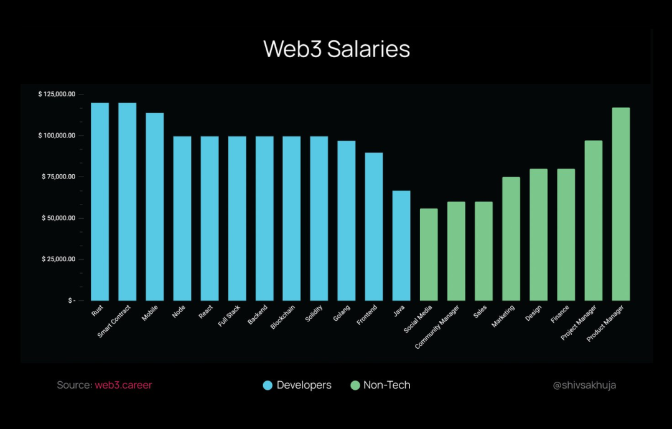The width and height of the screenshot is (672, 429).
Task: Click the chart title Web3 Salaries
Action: [x=337, y=49]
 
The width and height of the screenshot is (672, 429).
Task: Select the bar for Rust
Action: [x=100, y=201]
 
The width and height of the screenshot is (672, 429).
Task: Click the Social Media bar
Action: [x=429, y=254]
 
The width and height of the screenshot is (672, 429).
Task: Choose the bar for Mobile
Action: [x=154, y=206]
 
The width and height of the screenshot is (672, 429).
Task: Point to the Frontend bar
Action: [x=373, y=226]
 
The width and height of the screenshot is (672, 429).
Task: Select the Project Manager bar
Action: [x=594, y=220]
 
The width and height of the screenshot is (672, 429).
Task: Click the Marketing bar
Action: [x=511, y=239]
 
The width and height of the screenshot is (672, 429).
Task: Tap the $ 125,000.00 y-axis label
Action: [x=57, y=94]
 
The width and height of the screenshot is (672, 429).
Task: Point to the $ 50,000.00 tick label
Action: [x=57, y=218]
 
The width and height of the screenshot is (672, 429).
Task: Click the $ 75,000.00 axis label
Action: [x=57, y=177]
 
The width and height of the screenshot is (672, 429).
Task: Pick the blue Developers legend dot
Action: [x=268, y=385]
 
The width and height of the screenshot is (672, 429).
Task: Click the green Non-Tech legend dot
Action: [x=355, y=385]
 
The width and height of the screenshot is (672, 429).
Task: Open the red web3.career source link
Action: [x=123, y=385]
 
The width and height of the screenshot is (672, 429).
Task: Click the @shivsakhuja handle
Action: [x=584, y=385]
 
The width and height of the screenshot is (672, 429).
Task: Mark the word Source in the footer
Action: [x=73, y=385]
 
